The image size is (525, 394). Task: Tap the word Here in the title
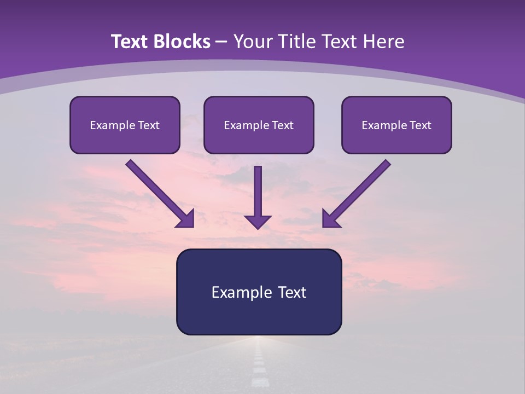coord(383,42)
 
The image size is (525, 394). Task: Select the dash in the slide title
coord(221,42)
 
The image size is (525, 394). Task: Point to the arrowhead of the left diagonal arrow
coord(186,219)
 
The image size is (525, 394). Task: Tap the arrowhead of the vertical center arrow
coord(258,222)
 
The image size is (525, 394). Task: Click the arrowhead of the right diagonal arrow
coord(330,219)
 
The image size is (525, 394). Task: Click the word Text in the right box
coord(421,125)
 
